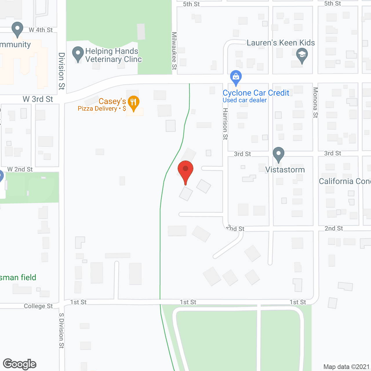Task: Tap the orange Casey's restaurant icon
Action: point(133,102)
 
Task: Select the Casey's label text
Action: point(112,101)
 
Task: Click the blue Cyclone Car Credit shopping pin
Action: point(236,77)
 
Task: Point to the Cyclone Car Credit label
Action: point(256,93)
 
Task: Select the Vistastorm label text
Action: point(285,170)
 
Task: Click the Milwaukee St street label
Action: point(174,51)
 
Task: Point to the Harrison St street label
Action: point(225,124)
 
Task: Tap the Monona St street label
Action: point(315,102)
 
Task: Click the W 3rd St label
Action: point(38,99)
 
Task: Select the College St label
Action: point(38,306)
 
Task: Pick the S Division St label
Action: point(61,330)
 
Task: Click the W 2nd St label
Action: point(20,169)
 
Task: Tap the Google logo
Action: point(20,364)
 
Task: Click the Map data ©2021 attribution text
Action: point(346,367)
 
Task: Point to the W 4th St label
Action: point(41,30)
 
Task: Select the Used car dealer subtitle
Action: point(244,100)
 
